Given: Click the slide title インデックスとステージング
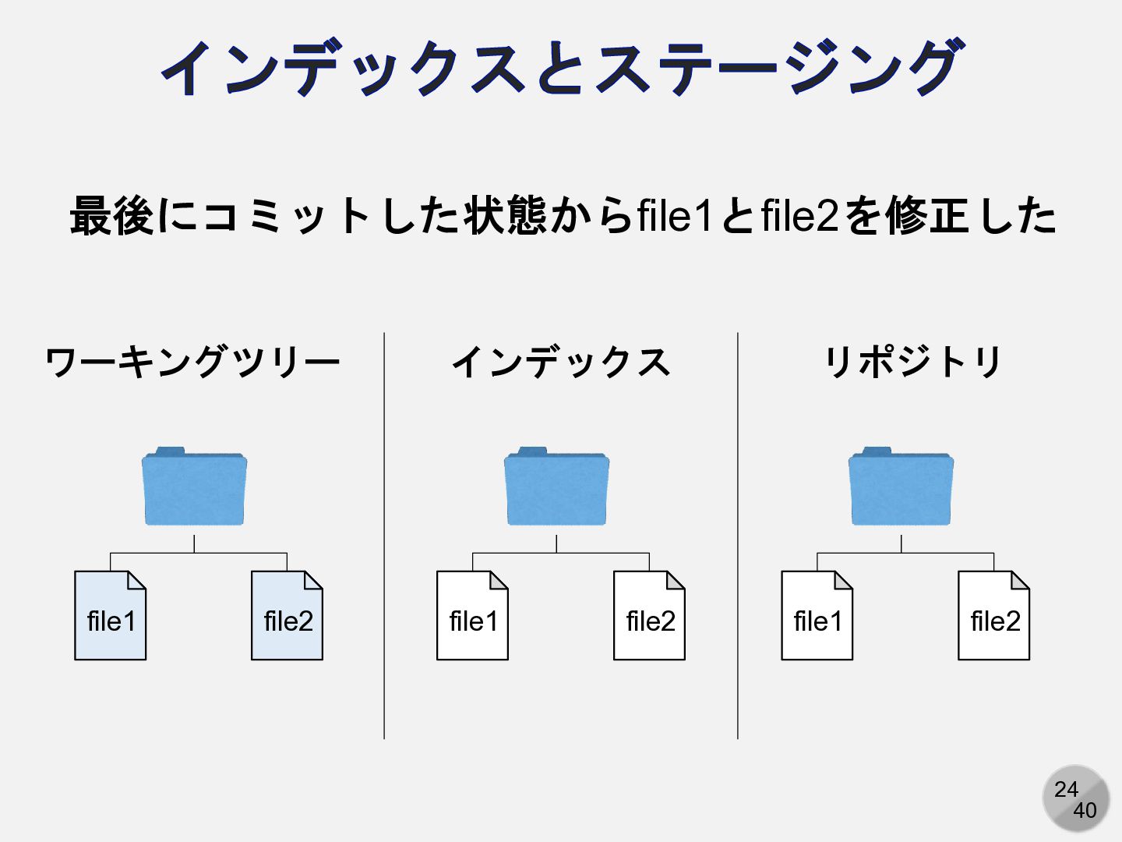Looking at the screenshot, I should pos(561,69).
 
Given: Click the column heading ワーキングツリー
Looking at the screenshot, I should pos(192,363).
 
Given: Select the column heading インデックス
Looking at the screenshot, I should pos(561,363).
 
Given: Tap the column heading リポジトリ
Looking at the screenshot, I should pos(913,363).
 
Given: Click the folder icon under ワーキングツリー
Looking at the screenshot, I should pos(194,487).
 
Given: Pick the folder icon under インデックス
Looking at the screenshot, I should pos(556,487).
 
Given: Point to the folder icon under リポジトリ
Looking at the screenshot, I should pos(901,487).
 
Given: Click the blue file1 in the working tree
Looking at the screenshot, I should pos(111,616).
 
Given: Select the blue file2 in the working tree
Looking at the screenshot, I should pos(287,616).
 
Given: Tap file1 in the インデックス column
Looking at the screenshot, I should pos(472,616).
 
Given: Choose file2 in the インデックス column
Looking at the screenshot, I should pos(649,616).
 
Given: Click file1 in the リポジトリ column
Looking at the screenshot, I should pos(817,616).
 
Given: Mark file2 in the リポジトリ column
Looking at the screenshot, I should pos(993,616).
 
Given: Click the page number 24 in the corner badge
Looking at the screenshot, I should pos(1066,789).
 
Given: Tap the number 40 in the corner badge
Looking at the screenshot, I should pos(1085,811).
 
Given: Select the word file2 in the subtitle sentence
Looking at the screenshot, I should pos(799,216).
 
